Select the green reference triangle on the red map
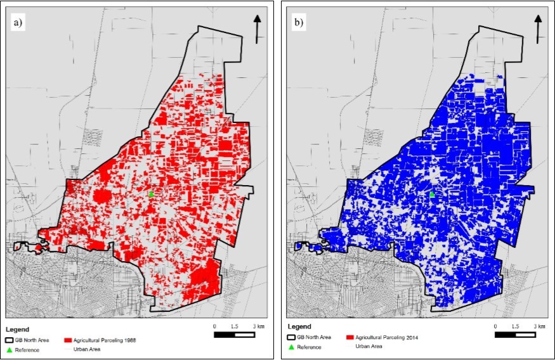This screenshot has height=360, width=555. tap(151, 195)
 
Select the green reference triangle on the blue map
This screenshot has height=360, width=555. tap(432, 194)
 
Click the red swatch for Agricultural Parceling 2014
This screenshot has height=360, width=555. tap(350, 337)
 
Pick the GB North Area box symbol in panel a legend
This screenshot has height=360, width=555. tap(11, 340)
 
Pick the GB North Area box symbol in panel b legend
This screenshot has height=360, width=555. tap(292, 337)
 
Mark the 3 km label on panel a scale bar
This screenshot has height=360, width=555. tap(259, 326)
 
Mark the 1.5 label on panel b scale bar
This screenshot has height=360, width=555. tap(516, 326)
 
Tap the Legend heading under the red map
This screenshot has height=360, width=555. tap(17, 330)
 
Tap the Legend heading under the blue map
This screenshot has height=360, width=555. tap(298, 327)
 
